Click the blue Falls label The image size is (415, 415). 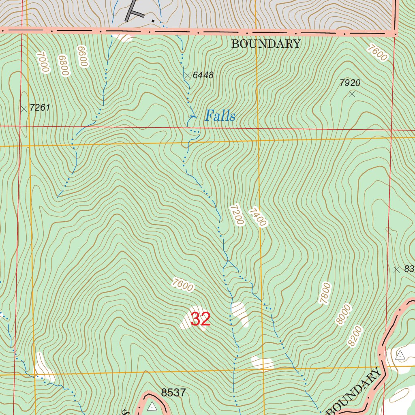pyautogui.click(x=220, y=116)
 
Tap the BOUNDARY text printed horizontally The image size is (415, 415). pyautogui.click(x=266, y=44)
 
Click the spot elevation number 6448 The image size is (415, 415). pyautogui.click(x=203, y=75)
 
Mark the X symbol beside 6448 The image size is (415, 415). pyautogui.click(x=187, y=75)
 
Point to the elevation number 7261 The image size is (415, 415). pyautogui.click(x=40, y=108)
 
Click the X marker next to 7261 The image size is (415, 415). pyautogui.click(x=24, y=109)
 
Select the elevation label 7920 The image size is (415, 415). pyautogui.click(x=350, y=83)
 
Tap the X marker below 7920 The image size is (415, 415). pyautogui.click(x=352, y=94)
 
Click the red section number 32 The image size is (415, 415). pyautogui.click(x=201, y=319)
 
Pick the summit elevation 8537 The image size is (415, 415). pyautogui.click(x=173, y=393)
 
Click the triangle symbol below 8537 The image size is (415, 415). pyautogui.click(x=152, y=406)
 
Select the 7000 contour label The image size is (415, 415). pyautogui.click(x=43, y=62)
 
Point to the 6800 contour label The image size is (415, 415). pyautogui.click(x=63, y=65)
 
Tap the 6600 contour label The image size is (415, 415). pyautogui.click(x=82, y=56)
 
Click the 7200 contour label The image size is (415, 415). pyautogui.click(x=237, y=215)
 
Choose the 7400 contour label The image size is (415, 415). pyautogui.click(x=258, y=217)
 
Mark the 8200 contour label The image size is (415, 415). pyautogui.click(x=355, y=336)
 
